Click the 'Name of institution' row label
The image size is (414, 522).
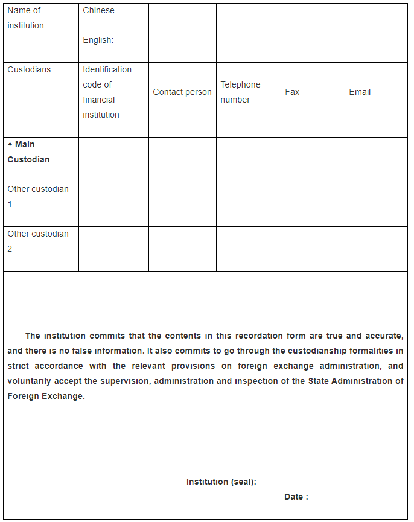click(25, 18)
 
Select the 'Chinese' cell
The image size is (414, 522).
click(98, 11)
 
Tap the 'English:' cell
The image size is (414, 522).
click(98, 40)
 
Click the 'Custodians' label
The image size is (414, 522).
click(29, 70)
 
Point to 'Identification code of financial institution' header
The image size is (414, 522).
click(107, 92)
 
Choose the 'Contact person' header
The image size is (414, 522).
click(182, 92)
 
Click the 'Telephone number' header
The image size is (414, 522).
click(240, 92)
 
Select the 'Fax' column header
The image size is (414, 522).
click(292, 92)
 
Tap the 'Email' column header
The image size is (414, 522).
click(360, 92)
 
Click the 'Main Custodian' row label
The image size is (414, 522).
click(28, 152)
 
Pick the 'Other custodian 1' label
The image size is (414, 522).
click(37, 197)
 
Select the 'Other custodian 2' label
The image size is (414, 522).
click(37, 241)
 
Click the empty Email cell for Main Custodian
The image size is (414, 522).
click(376, 160)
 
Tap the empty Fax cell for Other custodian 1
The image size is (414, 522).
click(313, 205)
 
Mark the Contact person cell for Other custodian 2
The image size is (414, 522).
click(182, 249)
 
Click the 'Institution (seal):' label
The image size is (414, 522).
click(221, 482)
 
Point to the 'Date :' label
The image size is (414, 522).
click(296, 497)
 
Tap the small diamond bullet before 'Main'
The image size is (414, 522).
click(10, 145)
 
